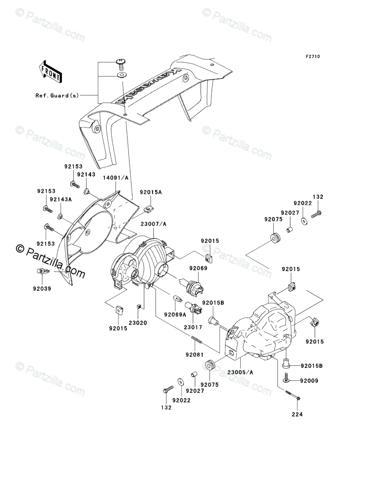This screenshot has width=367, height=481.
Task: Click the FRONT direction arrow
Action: coord(50,71)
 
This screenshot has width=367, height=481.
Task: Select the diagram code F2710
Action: coord(312,56)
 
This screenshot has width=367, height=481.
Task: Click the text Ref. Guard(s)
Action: coord(57,96)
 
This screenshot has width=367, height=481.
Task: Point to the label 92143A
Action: coord(61,199)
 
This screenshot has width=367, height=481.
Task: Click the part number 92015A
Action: coord(151,192)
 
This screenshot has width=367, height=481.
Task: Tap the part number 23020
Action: coord(138,323)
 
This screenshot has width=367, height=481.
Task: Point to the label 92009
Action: coord(309,381)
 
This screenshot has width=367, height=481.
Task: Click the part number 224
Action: coord(297,414)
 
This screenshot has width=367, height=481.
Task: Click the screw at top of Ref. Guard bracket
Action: coord(122,63)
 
